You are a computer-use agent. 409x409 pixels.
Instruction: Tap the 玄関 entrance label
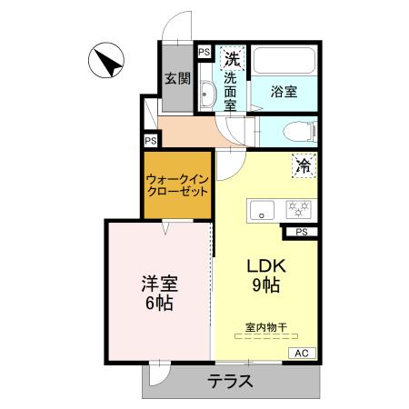click(176, 78)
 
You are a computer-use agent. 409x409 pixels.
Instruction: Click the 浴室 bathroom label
click(284, 91)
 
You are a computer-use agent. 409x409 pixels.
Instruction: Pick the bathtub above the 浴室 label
click(283, 61)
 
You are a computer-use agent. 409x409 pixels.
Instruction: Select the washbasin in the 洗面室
click(206, 92)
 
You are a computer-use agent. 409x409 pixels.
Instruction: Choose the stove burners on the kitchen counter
click(299, 208)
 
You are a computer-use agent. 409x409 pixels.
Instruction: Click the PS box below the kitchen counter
click(301, 233)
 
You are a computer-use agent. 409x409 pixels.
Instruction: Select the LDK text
click(267, 266)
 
